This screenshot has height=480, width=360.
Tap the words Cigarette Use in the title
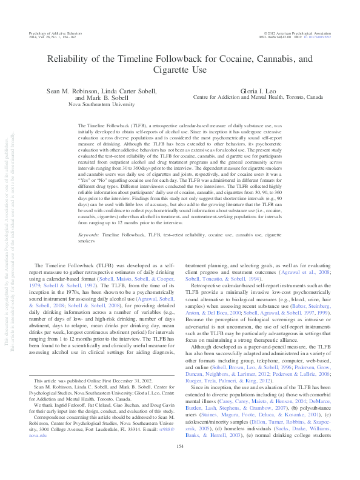pyautogui.click(x=180, y=71)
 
